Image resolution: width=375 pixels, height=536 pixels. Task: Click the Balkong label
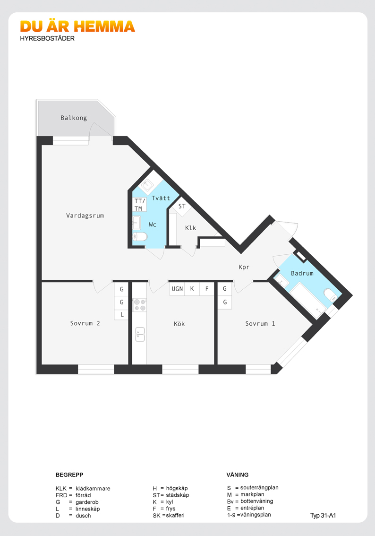pos(74,118)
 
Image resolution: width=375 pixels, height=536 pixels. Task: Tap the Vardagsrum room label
pos(85,216)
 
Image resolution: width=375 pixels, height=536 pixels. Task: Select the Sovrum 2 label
pos(85,323)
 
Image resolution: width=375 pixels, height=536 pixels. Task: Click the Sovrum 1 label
pos(260,323)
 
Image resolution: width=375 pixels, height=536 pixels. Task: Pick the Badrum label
pos(302,273)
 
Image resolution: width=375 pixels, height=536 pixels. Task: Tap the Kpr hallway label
pos(244,267)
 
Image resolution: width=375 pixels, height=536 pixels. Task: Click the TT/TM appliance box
pos(140,204)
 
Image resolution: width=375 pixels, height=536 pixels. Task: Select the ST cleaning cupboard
pos(182,207)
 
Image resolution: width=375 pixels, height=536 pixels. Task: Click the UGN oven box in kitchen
pos(177,289)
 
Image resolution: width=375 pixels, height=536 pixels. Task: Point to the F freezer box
pos(206,289)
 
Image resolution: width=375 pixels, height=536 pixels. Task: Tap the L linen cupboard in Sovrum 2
pos(121,314)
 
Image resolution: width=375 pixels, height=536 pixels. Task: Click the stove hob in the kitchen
pos(140,305)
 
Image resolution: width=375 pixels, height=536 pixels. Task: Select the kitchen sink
pos(140,334)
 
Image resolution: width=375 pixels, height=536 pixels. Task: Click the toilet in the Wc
pos(140,236)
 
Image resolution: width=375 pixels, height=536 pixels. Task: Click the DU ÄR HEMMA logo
pos(77,26)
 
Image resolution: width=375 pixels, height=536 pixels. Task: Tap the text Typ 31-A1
pos(323,516)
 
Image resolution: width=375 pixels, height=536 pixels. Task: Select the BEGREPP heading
pos(69,475)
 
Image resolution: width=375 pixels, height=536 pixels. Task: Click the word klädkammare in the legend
pos(93,488)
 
